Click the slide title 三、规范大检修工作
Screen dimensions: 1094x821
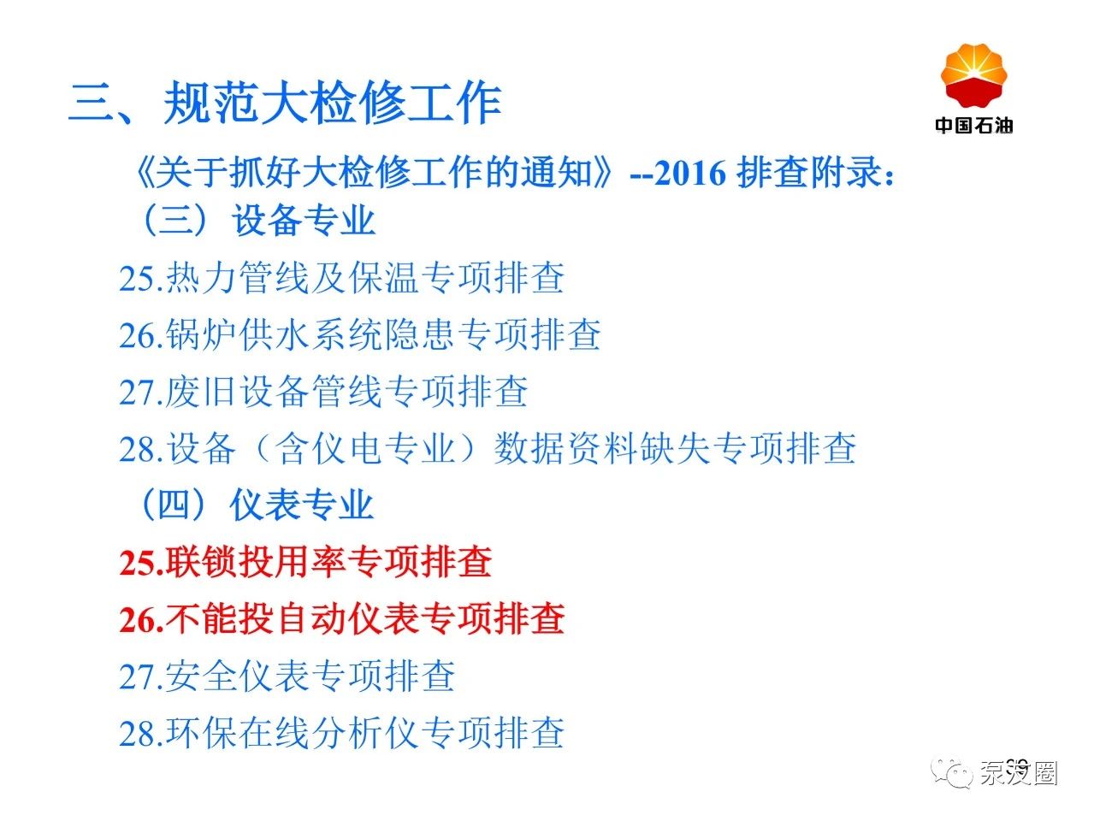point(285,103)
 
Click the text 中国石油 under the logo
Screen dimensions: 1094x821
point(974,125)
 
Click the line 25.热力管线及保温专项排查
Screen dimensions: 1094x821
point(341,277)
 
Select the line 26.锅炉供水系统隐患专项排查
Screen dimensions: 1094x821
point(360,334)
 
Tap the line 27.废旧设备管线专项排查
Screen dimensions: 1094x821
point(323,392)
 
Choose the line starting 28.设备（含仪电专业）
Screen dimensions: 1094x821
point(488,448)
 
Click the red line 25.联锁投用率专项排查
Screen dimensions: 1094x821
point(305,562)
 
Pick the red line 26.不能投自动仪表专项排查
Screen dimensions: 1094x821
point(342,618)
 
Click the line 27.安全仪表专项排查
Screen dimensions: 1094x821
point(287,676)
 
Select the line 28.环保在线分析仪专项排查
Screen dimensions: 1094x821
point(341,733)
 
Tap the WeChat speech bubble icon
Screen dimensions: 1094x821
point(951,774)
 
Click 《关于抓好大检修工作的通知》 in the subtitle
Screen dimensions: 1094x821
point(373,173)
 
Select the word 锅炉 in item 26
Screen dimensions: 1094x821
point(201,334)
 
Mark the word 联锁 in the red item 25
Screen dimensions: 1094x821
point(201,562)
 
